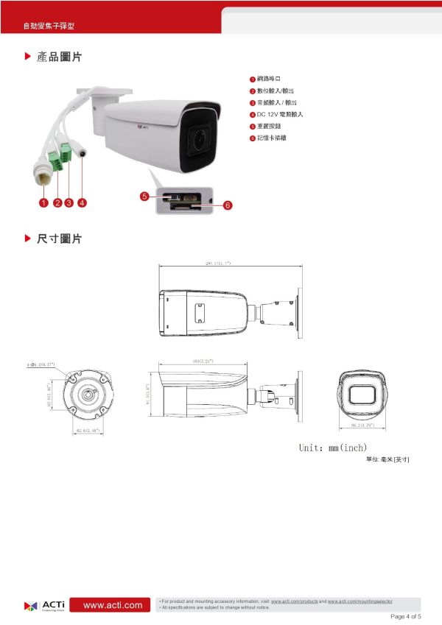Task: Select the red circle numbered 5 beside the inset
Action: tap(144, 196)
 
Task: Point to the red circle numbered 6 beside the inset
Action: tap(228, 205)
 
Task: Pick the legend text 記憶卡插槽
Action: tap(272, 138)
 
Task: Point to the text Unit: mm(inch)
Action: tap(333, 448)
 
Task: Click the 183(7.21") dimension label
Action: tap(202, 361)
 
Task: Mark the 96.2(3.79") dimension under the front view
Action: tap(363, 426)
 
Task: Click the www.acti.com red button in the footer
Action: tap(113, 605)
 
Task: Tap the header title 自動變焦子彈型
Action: tap(48, 27)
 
